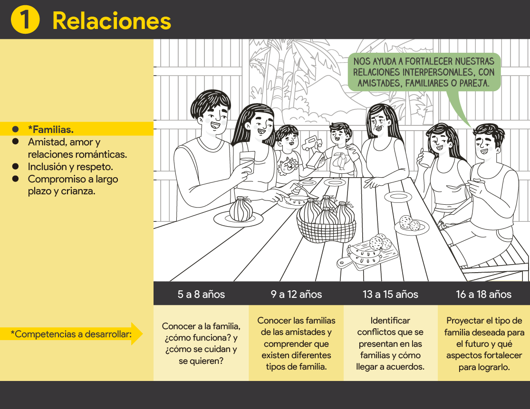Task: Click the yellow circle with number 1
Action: tap(25, 19)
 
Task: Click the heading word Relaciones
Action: tap(112, 21)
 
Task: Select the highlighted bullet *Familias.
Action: tap(51, 129)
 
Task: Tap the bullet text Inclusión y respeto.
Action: tap(70, 167)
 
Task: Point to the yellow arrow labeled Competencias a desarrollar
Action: tap(71, 334)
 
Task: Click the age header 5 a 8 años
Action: tap(201, 294)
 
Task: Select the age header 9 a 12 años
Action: tap(296, 294)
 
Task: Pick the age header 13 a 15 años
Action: tap(390, 294)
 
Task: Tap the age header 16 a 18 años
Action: tap(484, 294)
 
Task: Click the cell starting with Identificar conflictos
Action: tap(390, 343)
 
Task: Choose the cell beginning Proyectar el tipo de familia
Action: tap(484, 343)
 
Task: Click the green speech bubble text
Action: tap(424, 72)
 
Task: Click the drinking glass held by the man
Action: tap(248, 162)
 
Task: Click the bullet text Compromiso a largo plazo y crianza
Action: tap(73, 185)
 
